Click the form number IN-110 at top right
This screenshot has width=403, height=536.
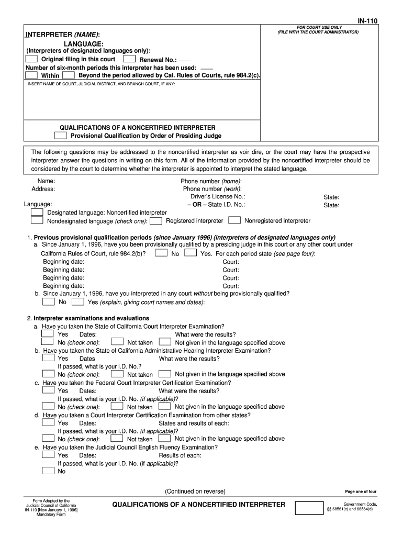point(367,20)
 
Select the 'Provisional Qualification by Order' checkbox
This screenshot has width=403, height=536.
point(61,136)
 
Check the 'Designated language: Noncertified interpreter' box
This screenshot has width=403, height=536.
point(37,213)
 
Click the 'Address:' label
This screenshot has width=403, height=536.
point(43,189)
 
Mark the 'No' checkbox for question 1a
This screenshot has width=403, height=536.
point(162,253)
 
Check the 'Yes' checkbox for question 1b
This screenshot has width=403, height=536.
point(77,301)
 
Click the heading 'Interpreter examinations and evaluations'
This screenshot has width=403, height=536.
point(92,318)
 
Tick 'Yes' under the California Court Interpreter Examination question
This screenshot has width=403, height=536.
point(48,334)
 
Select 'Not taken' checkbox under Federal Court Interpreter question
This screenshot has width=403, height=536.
point(117,406)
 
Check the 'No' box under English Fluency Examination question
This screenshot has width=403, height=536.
point(48,471)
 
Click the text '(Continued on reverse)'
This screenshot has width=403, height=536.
point(195,492)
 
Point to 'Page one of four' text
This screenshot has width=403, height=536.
point(361,492)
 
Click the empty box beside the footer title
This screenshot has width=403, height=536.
point(309,507)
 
